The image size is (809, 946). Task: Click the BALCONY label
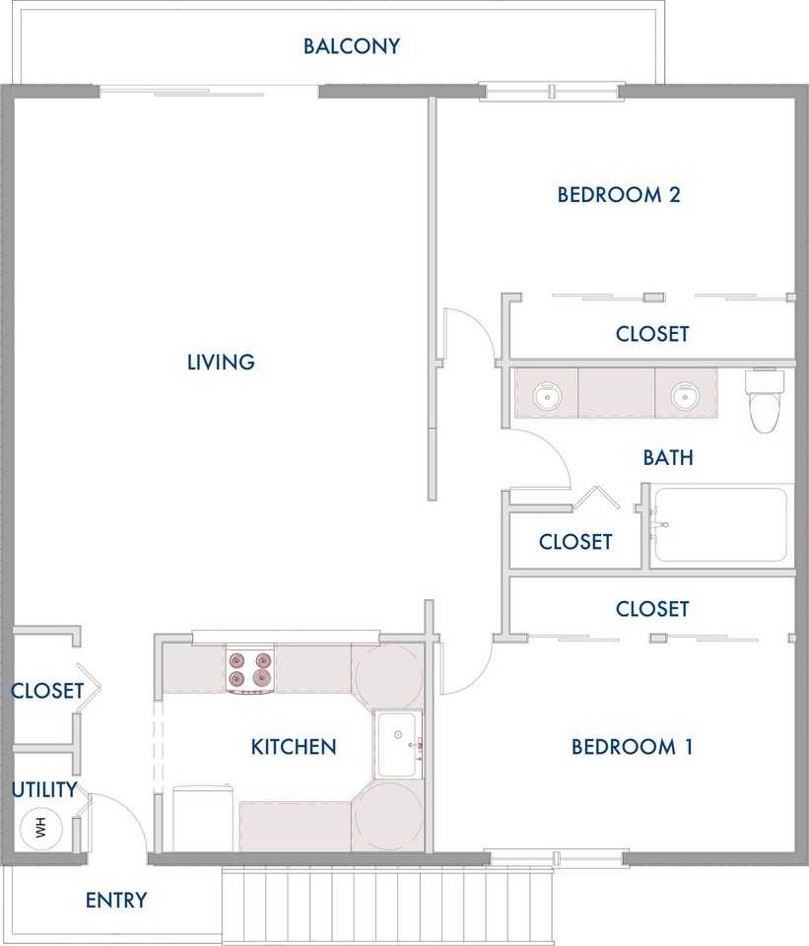pyautogui.click(x=351, y=46)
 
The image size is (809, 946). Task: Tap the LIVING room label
pyautogui.click(x=221, y=362)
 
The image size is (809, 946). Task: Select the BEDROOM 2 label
pyautogui.click(x=619, y=195)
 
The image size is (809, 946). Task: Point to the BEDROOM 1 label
pyautogui.click(x=632, y=747)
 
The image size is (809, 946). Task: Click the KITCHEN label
pyautogui.click(x=294, y=747)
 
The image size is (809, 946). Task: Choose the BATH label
pyautogui.click(x=668, y=458)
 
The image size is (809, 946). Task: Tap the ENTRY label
pyautogui.click(x=116, y=900)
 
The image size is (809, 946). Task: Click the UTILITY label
pyautogui.click(x=44, y=789)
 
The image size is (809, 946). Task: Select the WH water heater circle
pyautogui.click(x=41, y=828)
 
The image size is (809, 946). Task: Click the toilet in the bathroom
pyautogui.click(x=765, y=401)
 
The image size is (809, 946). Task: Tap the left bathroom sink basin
pyautogui.click(x=547, y=396)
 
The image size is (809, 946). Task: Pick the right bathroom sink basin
pyautogui.click(x=685, y=396)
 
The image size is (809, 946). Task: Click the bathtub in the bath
pyautogui.click(x=720, y=525)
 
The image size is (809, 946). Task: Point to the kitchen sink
pyautogui.click(x=397, y=745)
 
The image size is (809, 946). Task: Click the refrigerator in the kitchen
pyautogui.click(x=203, y=819)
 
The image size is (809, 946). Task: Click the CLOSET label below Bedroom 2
pyautogui.click(x=652, y=334)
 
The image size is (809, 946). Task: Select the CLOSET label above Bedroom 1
pyautogui.click(x=652, y=609)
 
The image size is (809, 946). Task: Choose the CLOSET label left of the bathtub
pyautogui.click(x=575, y=542)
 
